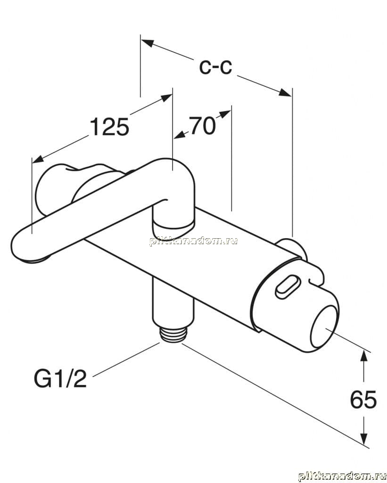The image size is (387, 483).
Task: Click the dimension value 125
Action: (x=109, y=126)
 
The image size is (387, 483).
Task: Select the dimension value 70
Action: (x=202, y=125)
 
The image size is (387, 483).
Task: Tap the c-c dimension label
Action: (x=215, y=67)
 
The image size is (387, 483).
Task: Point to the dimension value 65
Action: (x=363, y=400)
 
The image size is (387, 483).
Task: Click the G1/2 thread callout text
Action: (x=60, y=379)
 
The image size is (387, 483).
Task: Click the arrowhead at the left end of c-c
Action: (x=148, y=43)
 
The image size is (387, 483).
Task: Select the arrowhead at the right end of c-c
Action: (x=285, y=92)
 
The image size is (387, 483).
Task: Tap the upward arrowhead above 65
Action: (x=364, y=358)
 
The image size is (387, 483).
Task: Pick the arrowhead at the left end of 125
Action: (x=38, y=159)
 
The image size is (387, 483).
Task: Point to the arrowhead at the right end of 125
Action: (x=166, y=98)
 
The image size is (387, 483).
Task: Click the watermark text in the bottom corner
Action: (x=342, y=476)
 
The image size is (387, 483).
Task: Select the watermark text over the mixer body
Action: (x=193, y=241)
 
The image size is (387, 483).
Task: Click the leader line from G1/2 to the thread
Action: (x=126, y=359)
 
